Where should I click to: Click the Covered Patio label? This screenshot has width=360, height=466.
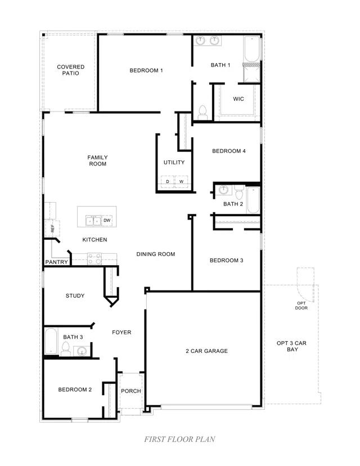(x=71, y=70)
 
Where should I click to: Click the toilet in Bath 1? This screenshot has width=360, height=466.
(x=203, y=111)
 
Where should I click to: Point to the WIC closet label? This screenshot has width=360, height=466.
(x=238, y=99)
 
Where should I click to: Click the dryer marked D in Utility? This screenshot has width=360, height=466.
(x=167, y=181)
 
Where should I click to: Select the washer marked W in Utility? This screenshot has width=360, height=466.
(x=181, y=181)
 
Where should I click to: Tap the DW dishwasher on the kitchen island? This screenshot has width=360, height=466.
(x=107, y=220)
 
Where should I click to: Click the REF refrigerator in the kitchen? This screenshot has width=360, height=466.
(x=52, y=228)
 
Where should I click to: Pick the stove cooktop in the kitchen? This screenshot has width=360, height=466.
(x=94, y=259)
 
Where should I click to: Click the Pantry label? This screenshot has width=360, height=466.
(x=56, y=262)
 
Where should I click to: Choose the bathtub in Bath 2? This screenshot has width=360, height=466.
(x=253, y=200)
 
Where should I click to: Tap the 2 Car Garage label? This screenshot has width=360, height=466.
(x=206, y=351)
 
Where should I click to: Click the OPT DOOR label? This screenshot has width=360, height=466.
(x=301, y=306)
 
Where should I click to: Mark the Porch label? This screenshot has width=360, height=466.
(x=131, y=391)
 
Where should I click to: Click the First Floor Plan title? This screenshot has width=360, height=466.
(x=179, y=439)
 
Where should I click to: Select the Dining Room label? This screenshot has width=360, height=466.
(x=156, y=254)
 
